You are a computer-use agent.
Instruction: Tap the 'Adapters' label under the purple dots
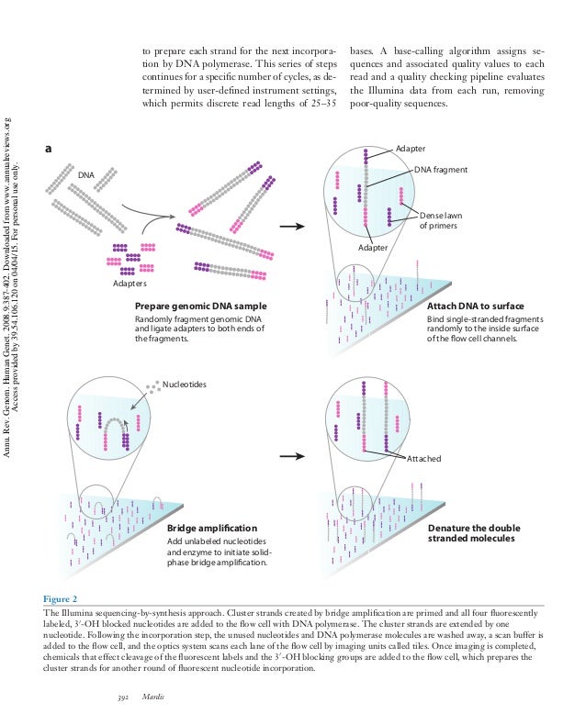tap(130, 284)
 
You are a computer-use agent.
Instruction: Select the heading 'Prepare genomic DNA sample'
tap(200, 306)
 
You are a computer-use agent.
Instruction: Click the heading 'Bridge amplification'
tap(213, 530)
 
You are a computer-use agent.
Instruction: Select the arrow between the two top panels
tap(292, 225)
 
